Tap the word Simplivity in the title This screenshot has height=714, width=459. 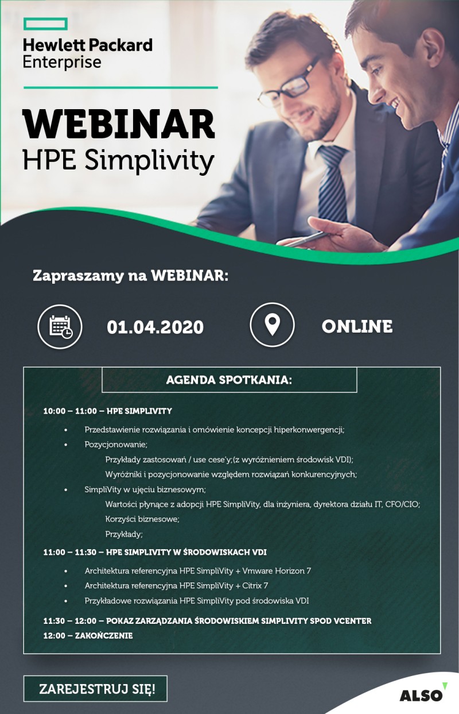click(149, 161)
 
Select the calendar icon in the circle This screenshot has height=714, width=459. click(60, 327)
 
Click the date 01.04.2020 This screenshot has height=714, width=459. click(155, 327)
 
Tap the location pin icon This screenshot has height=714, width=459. click(272, 325)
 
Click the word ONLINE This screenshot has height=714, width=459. click(357, 326)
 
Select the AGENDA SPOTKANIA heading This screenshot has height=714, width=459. click(229, 380)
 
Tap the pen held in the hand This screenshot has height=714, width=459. click(302, 239)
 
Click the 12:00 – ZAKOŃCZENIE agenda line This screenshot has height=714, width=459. click(88, 635)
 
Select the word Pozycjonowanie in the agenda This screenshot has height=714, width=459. click(115, 445)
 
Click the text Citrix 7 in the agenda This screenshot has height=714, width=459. click(255, 585)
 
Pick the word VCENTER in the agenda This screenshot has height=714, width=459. click(352, 620)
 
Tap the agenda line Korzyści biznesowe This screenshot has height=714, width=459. click(142, 519)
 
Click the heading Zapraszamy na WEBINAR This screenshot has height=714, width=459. click(130, 276)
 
